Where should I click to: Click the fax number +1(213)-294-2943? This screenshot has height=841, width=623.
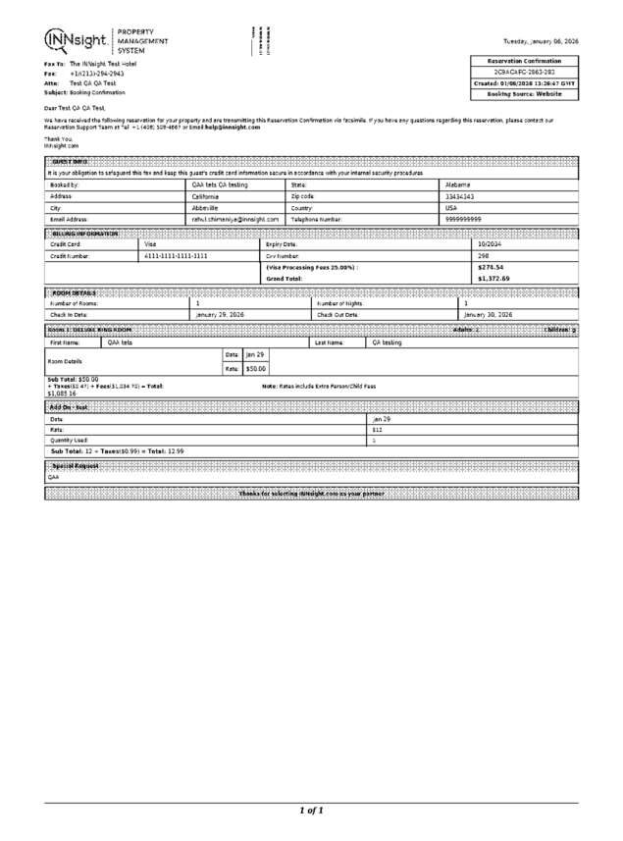96,74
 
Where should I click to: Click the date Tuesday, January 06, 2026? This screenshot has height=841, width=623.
541,42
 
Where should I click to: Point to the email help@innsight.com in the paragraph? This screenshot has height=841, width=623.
232,128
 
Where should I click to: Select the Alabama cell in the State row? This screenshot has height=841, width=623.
460,184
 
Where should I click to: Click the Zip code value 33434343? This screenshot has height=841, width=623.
462,195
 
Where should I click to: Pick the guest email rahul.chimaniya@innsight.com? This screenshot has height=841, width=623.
235,219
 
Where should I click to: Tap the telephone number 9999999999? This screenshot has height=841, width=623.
464,219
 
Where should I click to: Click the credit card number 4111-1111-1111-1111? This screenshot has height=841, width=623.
176,255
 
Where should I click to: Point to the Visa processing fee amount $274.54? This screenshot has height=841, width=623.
491,267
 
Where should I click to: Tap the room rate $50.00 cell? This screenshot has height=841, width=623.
254,368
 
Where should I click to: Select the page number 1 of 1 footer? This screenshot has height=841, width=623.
311,810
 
